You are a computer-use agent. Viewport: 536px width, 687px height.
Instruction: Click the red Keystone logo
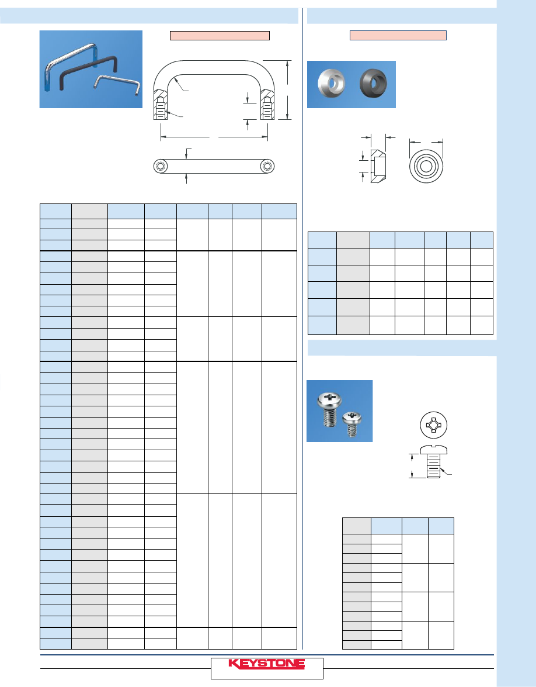(266, 664)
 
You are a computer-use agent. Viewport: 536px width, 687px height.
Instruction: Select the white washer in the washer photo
(331, 83)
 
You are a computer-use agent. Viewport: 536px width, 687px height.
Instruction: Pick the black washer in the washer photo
(373, 83)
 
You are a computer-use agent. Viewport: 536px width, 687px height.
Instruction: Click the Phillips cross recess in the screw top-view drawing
(433, 425)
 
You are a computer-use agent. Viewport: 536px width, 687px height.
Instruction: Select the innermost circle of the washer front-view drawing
(426, 167)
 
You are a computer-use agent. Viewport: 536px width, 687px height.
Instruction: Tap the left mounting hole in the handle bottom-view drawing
(160, 167)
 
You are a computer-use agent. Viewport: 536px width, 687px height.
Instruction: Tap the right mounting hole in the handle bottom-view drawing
(267, 167)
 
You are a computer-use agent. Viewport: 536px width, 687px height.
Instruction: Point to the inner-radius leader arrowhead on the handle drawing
(175, 78)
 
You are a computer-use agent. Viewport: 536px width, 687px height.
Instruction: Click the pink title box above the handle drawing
(220, 36)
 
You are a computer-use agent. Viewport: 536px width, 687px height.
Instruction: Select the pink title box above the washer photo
(398, 36)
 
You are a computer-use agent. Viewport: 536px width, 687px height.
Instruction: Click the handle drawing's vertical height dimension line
(287, 89)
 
